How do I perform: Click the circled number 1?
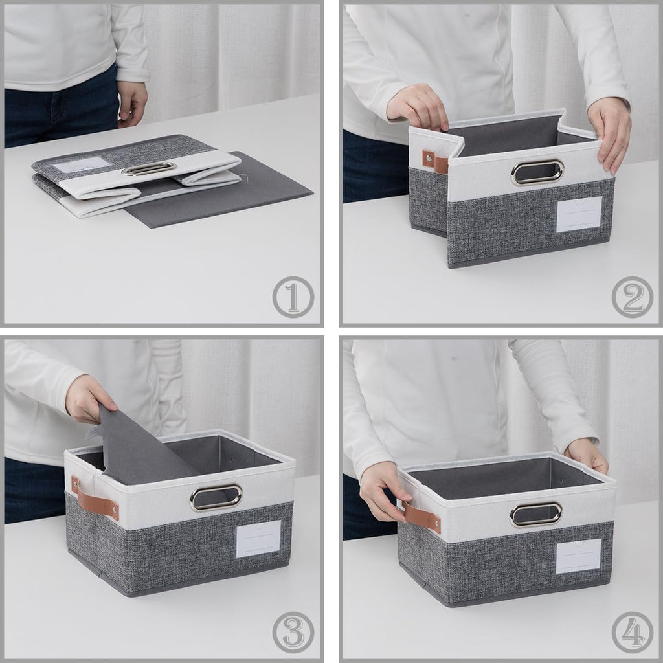click(x=293, y=297)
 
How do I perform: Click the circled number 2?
click(x=632, y=297)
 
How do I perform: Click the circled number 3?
click(x=293, y=632)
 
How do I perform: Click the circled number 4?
click(x=632, y=632)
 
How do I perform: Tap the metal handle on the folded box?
click(x=148, y=169)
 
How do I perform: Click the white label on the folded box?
click(x=82, y=164)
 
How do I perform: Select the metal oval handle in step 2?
click(x=537, y=172)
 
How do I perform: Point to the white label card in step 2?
click(x=579, y=214)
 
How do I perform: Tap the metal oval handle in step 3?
click(x=216, y=497)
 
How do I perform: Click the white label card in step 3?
click(x=258, y=539)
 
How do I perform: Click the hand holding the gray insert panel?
click(x=90, y=399)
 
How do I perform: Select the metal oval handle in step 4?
click(x=535, y=514)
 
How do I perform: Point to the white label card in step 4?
click(x=578, y=556)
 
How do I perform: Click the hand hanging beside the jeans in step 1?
click(x=132, y=103)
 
